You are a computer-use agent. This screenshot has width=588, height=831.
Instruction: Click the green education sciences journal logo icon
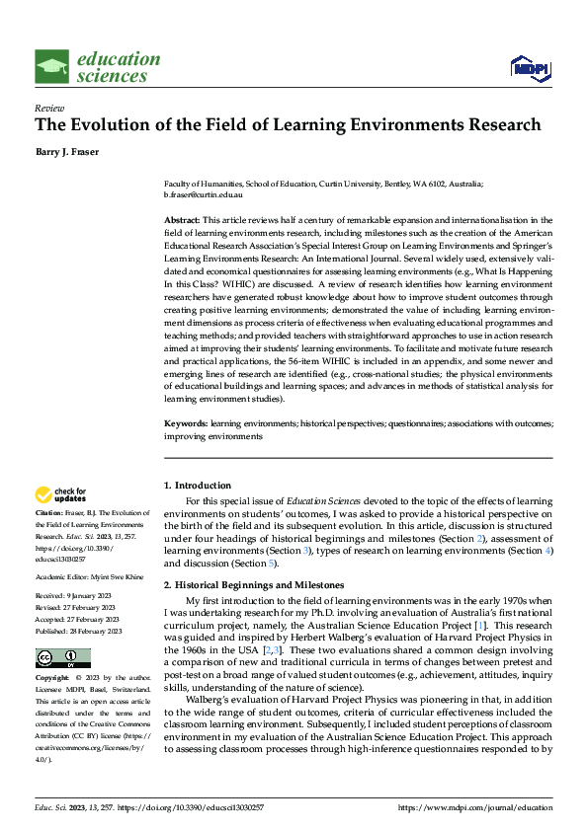(x=52, y=67)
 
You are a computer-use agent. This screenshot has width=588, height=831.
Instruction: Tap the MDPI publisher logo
(x=529, y=67)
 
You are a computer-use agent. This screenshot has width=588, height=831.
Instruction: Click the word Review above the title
(x=49, y=108)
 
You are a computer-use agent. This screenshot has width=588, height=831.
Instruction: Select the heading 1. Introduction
(x=197, y=486)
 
